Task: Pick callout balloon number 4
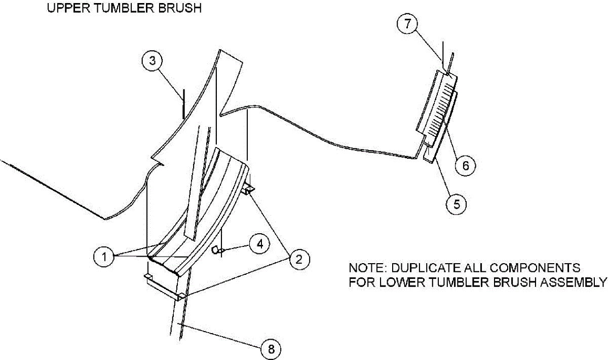coord(259,244)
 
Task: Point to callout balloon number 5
coord(457,204)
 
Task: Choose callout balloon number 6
coord(466,165)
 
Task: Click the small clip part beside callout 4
coord(216,249)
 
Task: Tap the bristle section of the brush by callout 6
coord(439,109)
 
